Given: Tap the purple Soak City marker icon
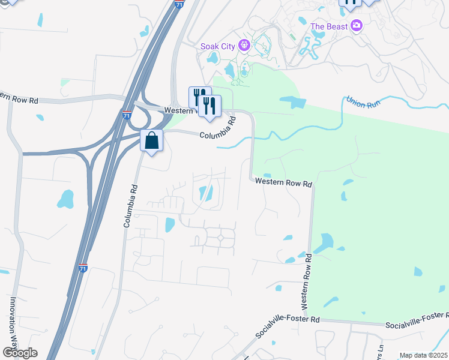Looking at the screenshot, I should click(x=244, y=45).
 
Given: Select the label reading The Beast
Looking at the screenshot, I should click(x=330, y=26).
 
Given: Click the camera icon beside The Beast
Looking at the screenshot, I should click(x=357, y=26).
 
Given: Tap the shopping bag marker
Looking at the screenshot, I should click(x=152, y=141).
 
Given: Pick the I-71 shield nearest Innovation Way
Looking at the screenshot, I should click(x=83, y=267).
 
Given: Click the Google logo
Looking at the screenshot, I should click(x=20, y=353).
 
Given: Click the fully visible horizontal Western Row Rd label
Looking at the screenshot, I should click(x=283, y=182).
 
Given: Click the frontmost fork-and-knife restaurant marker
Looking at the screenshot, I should click(x=209, y=106).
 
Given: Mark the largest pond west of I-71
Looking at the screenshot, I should click(x=65, y=198).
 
